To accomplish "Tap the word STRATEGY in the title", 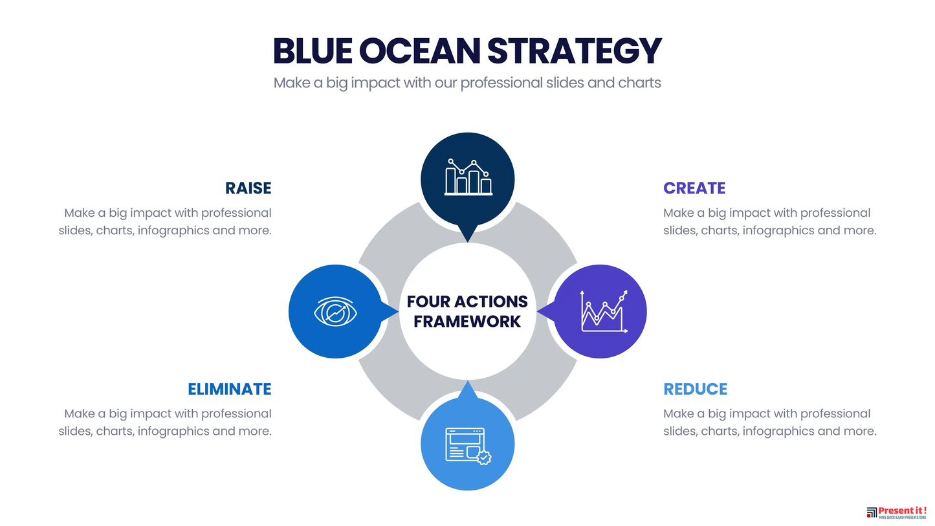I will pos(574,50).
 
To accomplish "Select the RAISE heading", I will pos(248,188).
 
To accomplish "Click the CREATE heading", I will pos(694,188).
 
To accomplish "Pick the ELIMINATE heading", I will pos(229,389).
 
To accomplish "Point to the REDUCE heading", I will pos(695,389).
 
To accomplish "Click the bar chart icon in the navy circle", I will pos(468,177).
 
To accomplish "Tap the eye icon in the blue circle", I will pos(336,312).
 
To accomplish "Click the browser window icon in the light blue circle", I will pos(466,444).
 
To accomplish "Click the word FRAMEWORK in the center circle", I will pos(467,322).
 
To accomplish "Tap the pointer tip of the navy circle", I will pos(467,241).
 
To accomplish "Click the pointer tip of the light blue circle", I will pos(467,383).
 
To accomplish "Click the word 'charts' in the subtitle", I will pos(639,83).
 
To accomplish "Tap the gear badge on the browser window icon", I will pos(484,457).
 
